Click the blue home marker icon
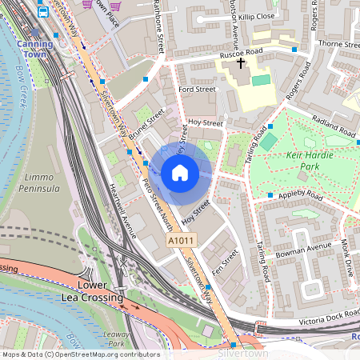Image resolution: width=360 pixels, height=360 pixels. tap(180, 172)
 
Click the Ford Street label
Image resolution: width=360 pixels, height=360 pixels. tap(198, 90)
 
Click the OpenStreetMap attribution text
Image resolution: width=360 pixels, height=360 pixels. tap(81, 353)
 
